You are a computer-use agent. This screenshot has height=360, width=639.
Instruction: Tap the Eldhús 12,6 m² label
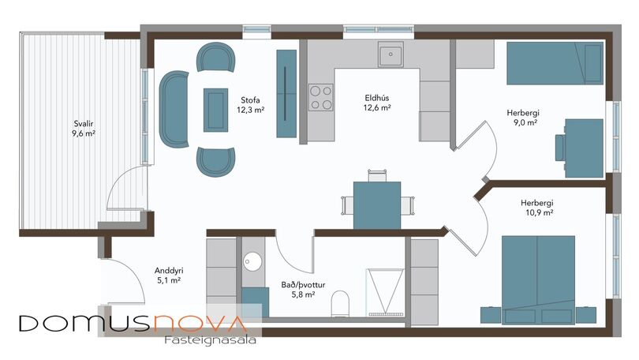377,103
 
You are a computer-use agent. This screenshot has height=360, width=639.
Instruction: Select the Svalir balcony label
84,129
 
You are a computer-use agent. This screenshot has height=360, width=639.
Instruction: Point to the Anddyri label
169,276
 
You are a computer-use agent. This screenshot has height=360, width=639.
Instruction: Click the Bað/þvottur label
303,290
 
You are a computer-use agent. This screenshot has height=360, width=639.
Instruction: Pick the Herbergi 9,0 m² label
523,118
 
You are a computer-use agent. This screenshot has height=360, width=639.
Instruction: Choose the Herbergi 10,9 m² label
537,208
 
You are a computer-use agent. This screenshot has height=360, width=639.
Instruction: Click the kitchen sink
390,54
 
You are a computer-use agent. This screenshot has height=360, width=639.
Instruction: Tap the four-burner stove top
321,97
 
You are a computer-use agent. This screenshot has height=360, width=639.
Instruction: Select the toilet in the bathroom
340,303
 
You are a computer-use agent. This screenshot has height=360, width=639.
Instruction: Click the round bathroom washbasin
252,261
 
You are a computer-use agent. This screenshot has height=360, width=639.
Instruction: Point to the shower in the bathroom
385,292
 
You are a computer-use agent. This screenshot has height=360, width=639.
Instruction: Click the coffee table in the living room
215,110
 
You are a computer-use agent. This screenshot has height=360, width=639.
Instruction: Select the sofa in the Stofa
174,109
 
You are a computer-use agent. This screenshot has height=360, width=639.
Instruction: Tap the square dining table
377,205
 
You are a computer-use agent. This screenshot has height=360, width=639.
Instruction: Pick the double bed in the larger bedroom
538,279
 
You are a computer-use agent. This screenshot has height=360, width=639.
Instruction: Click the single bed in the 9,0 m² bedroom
555,63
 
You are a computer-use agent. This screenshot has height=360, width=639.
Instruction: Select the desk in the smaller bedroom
584,148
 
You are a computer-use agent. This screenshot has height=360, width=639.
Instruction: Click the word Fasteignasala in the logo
211,340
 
